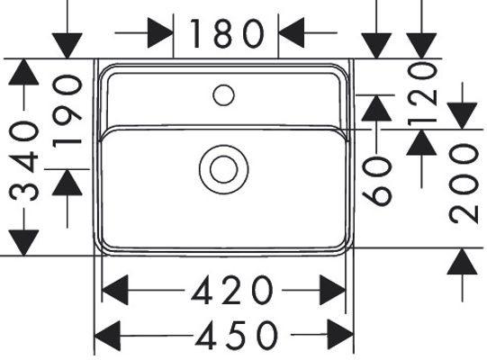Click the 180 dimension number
coord(227,33)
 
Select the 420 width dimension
coord(231,290)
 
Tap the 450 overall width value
coord(237,336)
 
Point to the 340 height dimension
coord(24,161)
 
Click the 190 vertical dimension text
coord(68,112)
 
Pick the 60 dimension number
coord(377,181)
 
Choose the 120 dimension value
coord(422,94)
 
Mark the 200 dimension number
coord(464,184)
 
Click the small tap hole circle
coord(223,95)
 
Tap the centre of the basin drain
coord(223,169)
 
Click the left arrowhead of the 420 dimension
coord(115,290)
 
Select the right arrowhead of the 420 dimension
coord(333,290)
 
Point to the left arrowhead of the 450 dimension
coord(107,336)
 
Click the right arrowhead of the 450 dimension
coord(340,335)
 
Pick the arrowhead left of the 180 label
coord(160,32)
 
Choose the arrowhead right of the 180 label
coord(292,32)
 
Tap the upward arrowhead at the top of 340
coord(23,72)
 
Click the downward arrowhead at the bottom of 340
coord(23,243)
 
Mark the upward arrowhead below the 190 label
coord(68,183)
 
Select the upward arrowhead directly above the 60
coord(376,108)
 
